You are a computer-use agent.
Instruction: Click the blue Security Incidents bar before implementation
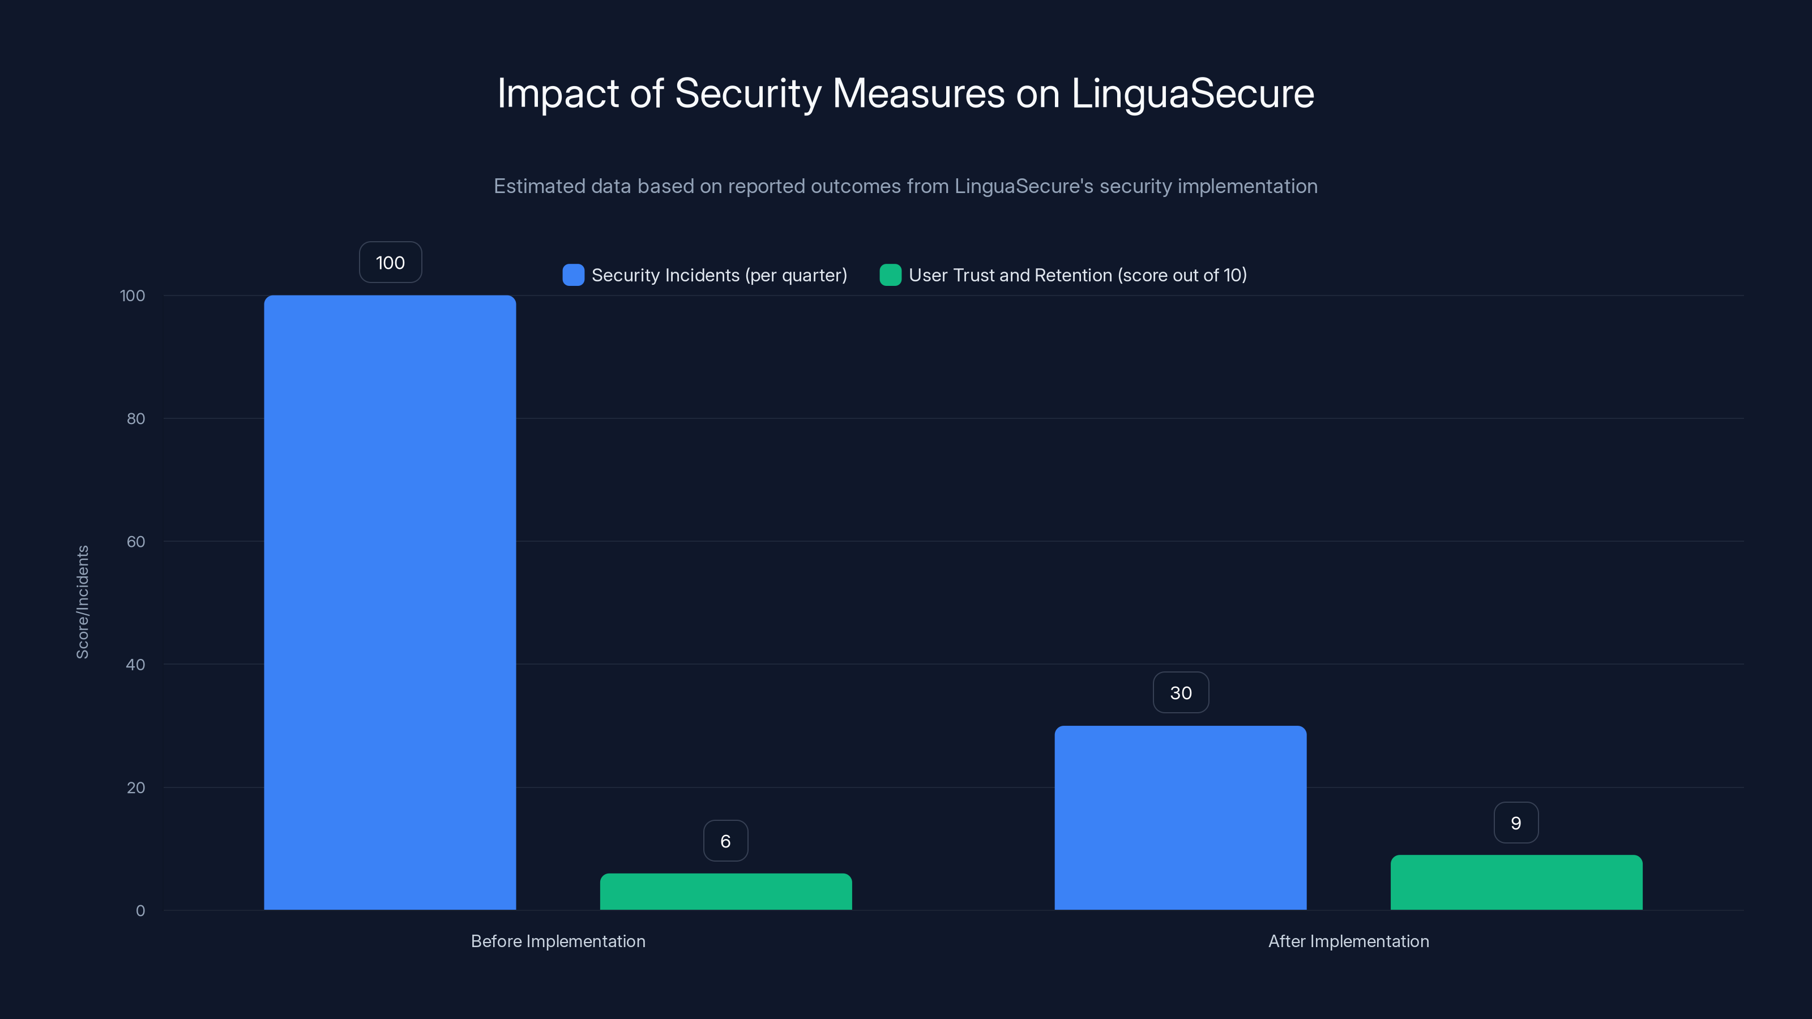pyautogui.click(x=390, y=602)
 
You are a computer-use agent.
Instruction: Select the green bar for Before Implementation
pyautogui.click(x=725, y=891)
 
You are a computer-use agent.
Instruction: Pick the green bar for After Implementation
pyautogui.click(x=1516, y=882)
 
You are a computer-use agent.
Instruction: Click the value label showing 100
pyautogui.click(x=390, y=262)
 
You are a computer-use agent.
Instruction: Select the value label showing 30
pyautogui.click(x=1180, y=693)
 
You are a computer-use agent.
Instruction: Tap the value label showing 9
pyautogui.click(x=1516, y=823)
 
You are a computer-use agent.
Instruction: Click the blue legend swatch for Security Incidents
pyautogui.click(x=573, y=275)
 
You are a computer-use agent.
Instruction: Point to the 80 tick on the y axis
pyautogui.click(x=136, y=418)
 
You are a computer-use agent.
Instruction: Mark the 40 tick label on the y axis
pyautogui.click(x=136, y=665)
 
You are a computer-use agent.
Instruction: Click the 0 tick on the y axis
pyautogui.click(x=140, y=911)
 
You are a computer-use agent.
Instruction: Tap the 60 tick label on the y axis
pyautogui.click(x=136, y=542)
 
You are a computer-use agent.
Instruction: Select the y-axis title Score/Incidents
pyautogui.click(x=82, y=602)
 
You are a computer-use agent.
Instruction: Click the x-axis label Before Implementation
pyautogui.click(x=558, y=941)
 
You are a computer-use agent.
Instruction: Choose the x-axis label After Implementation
pyautogui.click(x=1348, y=941)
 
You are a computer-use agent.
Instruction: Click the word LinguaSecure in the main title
pyautogui.click(x=1193, y=93)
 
